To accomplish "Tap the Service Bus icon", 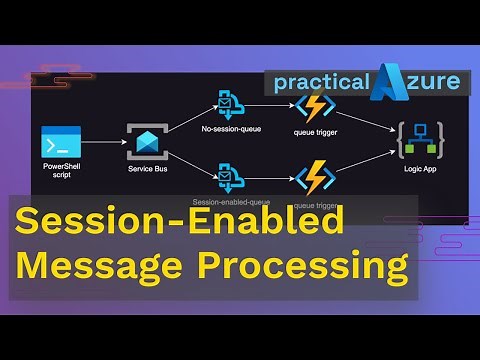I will [x=147, y=142].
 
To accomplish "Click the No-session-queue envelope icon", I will [x=229, y=104].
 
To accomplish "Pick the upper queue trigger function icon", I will [x=315, y=107].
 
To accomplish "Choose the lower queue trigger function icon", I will [x=315, y=179].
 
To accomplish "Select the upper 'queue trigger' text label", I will [x=315, y=131].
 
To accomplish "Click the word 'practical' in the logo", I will [x=318, y=82].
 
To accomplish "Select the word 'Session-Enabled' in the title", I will [x=180, y=222].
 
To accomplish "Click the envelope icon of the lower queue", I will [x=229, y=179].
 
